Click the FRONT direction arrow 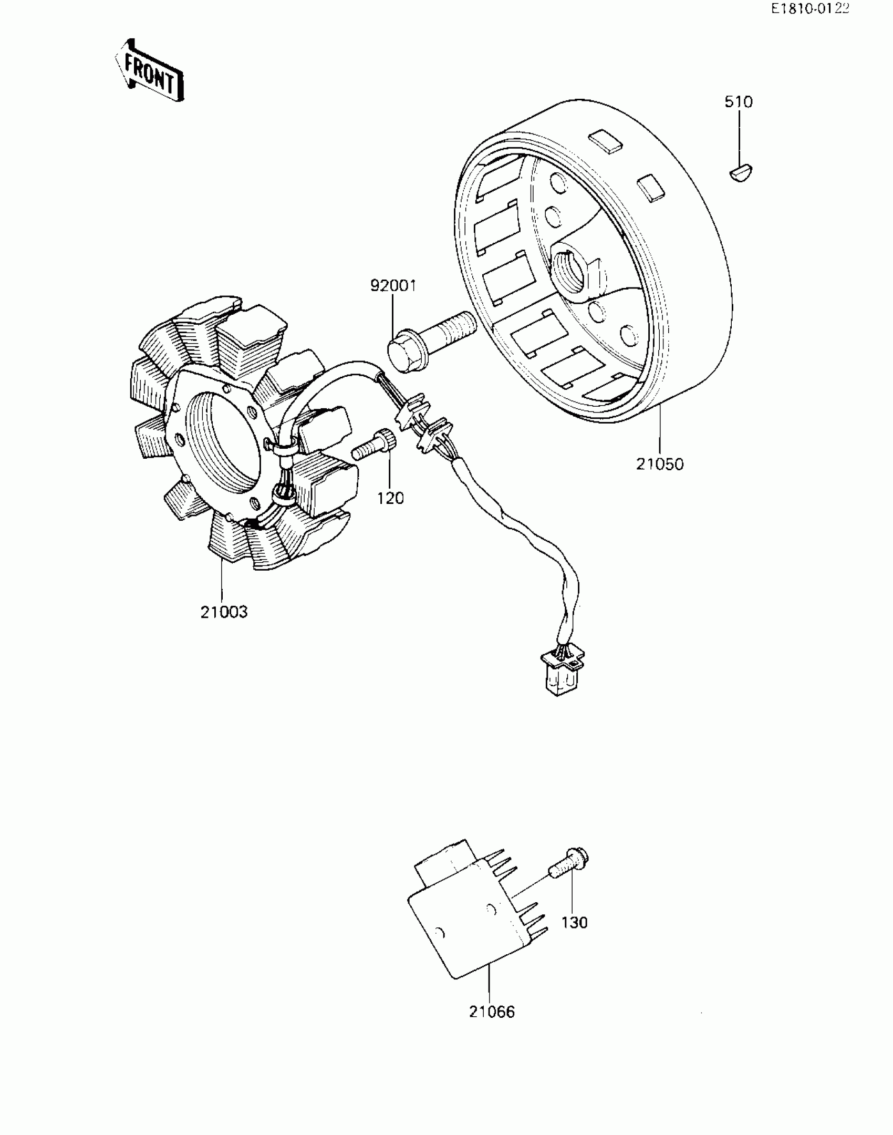[149, 70]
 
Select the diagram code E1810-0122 [809, 9]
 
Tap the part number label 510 [739, 102]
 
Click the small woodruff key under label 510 [741, 173]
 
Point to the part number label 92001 [393, 286]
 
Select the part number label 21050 [660, 465]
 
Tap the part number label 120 [390, 498]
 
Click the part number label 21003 [224, 612]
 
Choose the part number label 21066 [492, 1012]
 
